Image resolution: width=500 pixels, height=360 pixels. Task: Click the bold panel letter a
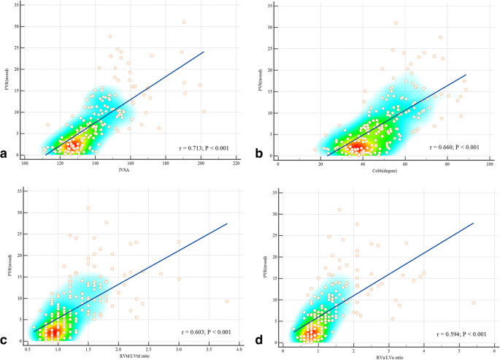coord(6,155)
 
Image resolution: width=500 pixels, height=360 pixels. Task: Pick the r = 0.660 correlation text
coord(453,148)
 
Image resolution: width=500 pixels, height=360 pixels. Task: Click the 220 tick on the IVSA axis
coord(236,164)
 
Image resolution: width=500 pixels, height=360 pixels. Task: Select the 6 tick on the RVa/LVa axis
coord(493,351)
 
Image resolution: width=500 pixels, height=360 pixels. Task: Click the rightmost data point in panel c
coord(227,301)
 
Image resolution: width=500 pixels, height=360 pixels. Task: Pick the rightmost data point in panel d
coord(474,302)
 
